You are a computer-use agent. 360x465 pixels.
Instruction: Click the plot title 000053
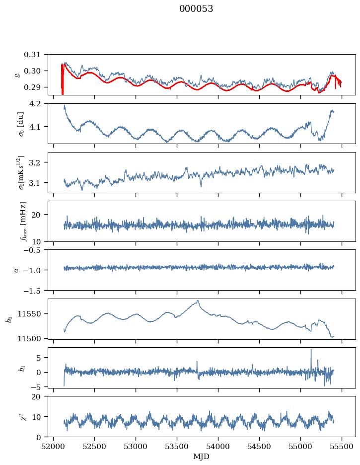196,9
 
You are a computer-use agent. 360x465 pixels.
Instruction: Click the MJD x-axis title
201,456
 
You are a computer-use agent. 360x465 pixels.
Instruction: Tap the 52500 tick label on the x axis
95,447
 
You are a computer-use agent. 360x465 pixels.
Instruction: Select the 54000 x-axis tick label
218,447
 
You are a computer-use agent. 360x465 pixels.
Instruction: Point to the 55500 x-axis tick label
342,447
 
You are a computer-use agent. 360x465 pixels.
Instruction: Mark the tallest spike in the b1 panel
311,349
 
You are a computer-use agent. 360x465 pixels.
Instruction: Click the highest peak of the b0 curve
198,301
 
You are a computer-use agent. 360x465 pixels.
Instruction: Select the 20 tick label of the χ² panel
36,396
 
